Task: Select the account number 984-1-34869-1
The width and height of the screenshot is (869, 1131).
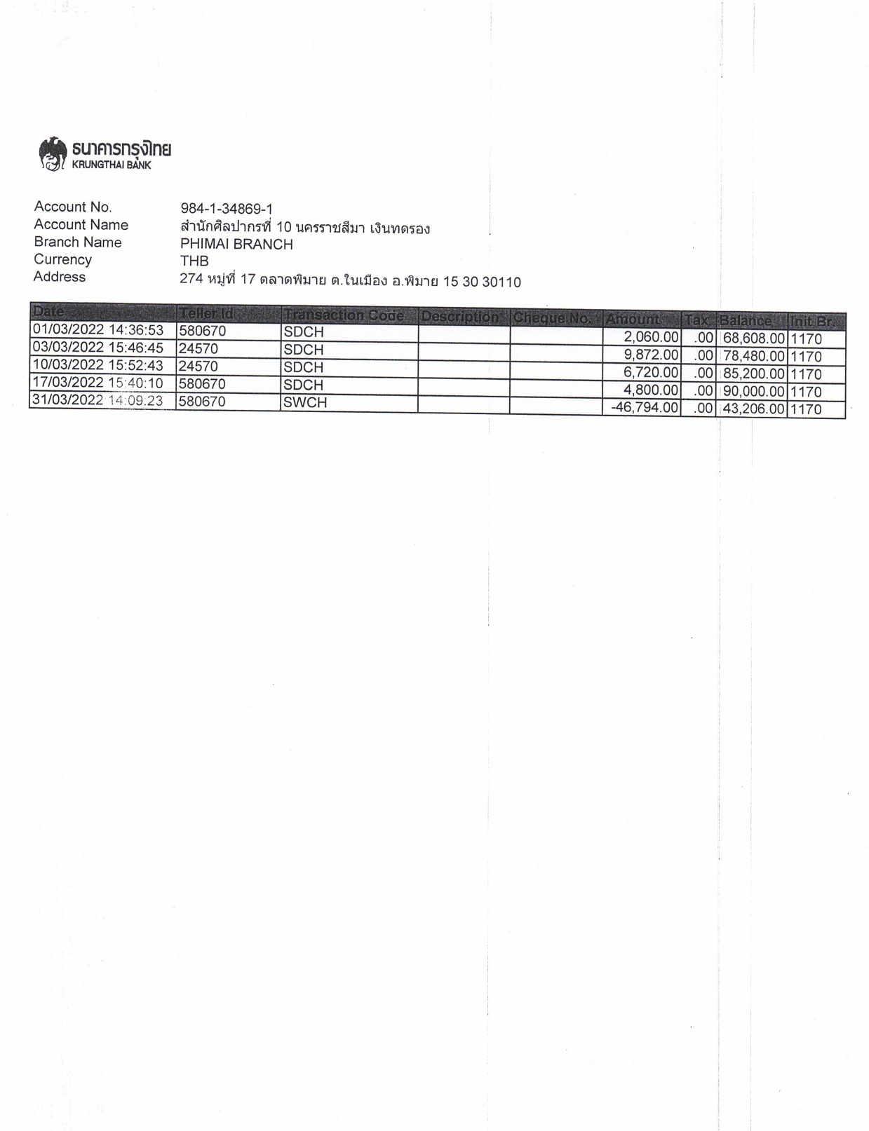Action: (227, 209)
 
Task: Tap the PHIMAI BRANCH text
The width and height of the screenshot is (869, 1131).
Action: (236, 245)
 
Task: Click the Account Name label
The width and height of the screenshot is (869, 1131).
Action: (81, 225)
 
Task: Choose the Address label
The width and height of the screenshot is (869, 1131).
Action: (60, 277)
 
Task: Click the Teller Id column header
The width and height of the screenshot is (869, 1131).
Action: (206, 313)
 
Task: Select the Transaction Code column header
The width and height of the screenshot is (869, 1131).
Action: (344, 315)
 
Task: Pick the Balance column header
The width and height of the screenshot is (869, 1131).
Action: (746, 321)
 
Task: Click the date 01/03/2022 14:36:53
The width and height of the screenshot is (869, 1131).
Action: (97, 330)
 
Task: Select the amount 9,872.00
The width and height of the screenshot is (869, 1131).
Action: (651, 355)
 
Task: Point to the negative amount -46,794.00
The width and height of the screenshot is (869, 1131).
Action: (644, 407)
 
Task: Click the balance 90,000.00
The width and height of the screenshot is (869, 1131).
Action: (753, 391)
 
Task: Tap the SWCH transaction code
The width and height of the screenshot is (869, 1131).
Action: (305, 402)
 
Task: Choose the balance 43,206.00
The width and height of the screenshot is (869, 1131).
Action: (753, 409)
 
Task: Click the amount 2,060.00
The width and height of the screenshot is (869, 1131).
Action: (651, 337)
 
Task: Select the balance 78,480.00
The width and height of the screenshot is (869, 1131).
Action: (753, 356)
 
